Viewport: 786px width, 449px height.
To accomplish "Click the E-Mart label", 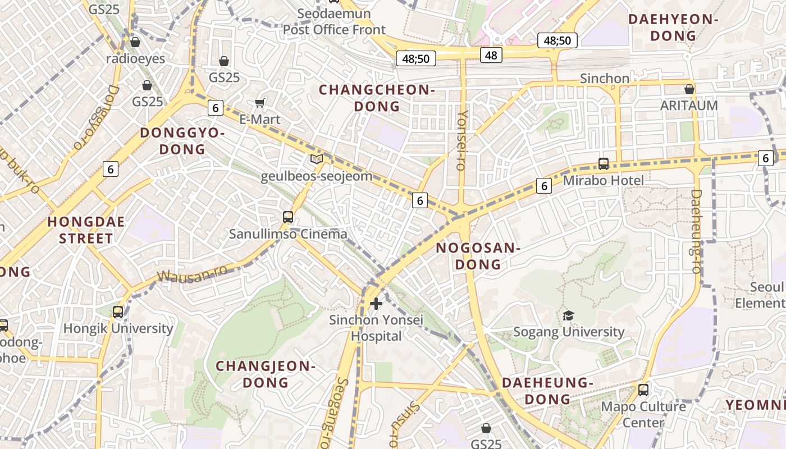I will tap(259, 120).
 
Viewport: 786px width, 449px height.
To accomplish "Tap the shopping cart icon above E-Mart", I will tap(259, 103).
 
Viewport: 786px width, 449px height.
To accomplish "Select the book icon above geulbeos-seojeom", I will tap(317, 159).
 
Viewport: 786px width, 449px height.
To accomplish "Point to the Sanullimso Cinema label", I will tap(288, 233).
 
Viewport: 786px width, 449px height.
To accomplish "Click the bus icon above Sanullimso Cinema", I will tap(288, 217).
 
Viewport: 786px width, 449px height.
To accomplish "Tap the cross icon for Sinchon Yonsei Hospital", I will tap(376, 304).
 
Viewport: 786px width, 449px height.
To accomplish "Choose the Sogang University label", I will tap(569, 332).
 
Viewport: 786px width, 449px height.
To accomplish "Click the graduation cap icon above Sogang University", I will tap(569, 315).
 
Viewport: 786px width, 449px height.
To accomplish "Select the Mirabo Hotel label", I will tap(604, 180).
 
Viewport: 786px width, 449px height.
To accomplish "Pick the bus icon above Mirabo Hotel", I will tap(604, 163).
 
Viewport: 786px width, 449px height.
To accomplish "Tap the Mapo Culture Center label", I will tap(643, 414).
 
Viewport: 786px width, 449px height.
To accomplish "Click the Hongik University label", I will tap(118, 328).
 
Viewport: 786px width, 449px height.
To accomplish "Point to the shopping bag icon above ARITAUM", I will tap(689, 89).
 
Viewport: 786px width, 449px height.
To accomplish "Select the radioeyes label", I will tap(135, 58).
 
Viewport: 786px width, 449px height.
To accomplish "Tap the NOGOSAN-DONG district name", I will tap(478, 256).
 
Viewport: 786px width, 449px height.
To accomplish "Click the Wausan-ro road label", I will tap(192, 273).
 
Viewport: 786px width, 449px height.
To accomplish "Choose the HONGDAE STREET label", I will tap(86, 230).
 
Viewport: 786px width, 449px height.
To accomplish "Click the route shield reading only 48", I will tap(491, 54).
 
